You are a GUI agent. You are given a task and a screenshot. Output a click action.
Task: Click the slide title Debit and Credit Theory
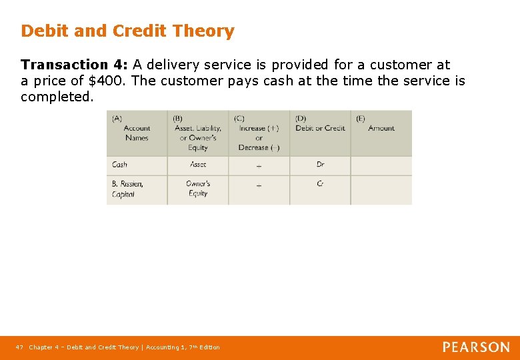click(127, 31)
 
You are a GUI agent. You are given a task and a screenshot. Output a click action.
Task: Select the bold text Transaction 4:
click(74, 65)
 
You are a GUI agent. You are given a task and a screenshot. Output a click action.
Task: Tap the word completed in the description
click(57, 97)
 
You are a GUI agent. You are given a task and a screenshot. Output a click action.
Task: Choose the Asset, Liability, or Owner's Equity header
click(197, 133)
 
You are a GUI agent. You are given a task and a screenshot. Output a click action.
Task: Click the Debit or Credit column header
click(320, 128)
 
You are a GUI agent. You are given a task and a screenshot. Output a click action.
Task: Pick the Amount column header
click(381, 128)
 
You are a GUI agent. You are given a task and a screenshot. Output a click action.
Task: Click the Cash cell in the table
click(120, 165)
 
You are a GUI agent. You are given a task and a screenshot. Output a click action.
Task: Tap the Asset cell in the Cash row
click(198, 165)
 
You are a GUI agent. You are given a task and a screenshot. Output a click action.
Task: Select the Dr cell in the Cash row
click(320, 165)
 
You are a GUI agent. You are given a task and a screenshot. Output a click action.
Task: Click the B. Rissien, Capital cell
click(127, 189)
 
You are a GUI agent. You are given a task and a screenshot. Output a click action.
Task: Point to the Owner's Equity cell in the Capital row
click(197, 189)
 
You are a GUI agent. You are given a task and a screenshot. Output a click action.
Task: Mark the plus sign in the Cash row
click(259, 166)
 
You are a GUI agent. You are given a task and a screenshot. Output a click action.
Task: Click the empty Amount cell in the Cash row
click(381, 165)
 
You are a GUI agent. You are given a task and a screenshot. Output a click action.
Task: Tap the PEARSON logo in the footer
click(476, 347)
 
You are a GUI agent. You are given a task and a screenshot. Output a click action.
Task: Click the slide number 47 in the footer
click(19, 347)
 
